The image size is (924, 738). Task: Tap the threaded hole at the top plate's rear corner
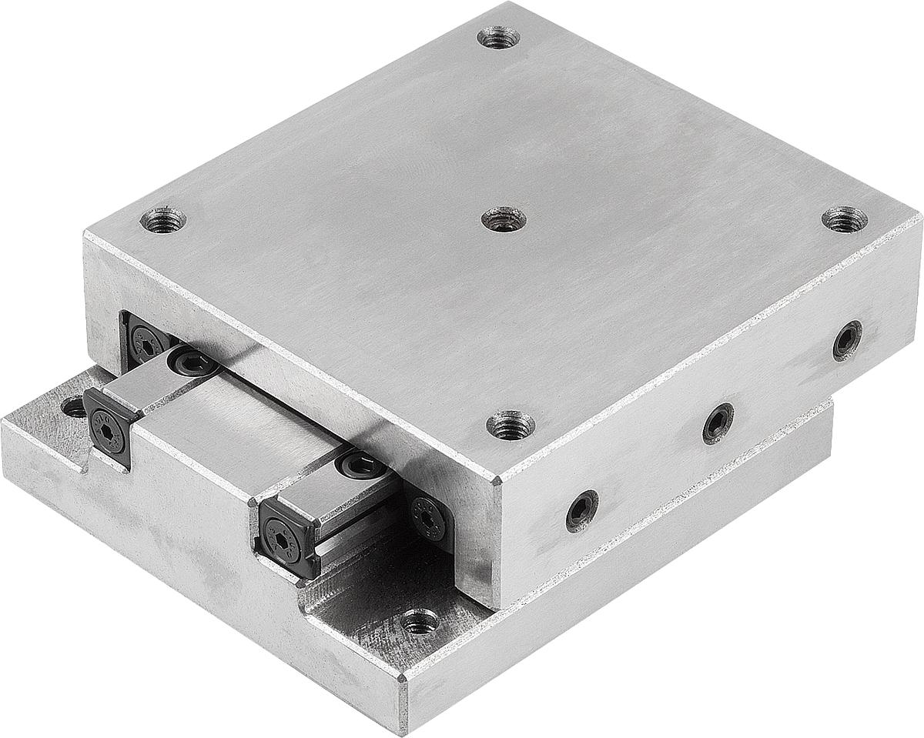(x=498, y=37)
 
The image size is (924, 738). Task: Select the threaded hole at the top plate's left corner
(x=163, y=221)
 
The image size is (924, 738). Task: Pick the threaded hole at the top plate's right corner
(x=844, y=219)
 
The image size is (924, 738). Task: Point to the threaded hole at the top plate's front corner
(x=511, y=424)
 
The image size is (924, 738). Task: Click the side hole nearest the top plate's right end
(x=847, y=340)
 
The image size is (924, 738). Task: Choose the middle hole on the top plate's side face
(x=718, y=422)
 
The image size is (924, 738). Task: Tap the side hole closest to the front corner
(x=581, y=510)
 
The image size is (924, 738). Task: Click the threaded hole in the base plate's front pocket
(x=420, y=620)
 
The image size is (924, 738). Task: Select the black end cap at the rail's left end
(x=108, y=426)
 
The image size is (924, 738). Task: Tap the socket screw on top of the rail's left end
(x=189, y=360)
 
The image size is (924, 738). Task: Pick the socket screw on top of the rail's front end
(x=360, y=464)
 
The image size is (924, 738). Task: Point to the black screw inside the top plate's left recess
(x=144, y=340)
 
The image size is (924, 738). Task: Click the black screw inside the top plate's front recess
(x=428, y=519)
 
